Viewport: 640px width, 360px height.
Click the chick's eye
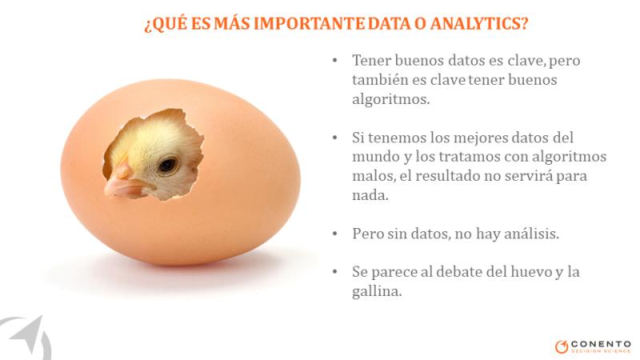pyautogui.click(x=168, y=166)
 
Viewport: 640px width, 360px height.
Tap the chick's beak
pyautogui.click(x=122, y=182)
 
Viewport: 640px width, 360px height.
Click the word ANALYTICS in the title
pyautogui.click(x=479, y=23)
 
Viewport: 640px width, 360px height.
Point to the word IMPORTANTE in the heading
pyautogui.click(x=310, y=23)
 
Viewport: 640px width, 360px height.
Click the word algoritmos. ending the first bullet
pyautogui.click(x=391, y=99)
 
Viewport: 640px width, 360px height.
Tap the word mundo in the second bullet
pyautogui.click(x=375, y=157)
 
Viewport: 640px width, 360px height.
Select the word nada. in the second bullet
pyautogui.click(x=370, y=195)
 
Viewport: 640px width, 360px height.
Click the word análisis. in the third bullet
pyautogui.click(x=531, y=234)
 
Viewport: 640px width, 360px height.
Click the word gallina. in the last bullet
pyautogui.click(x=377, y=291)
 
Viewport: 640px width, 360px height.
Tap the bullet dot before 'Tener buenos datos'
pyautogui.click(x=335, y=61)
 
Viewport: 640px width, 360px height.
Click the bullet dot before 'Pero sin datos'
pyautogui.click(x=335, y=234)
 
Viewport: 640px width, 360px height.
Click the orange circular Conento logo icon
pyautogui.click(x=562, y=346)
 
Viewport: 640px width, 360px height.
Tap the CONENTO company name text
pyautogui.click(x=602, y=344)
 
